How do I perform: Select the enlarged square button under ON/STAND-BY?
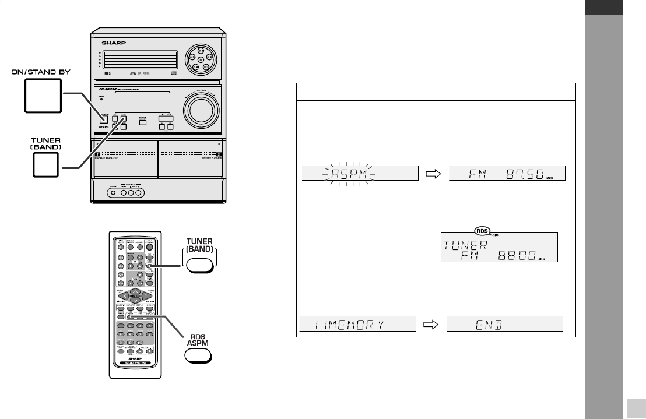coord(43,96)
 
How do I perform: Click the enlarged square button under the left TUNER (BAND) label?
coord(45,167)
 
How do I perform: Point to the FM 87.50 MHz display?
coord(507,174)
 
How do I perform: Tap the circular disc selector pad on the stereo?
coord(201,59)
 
